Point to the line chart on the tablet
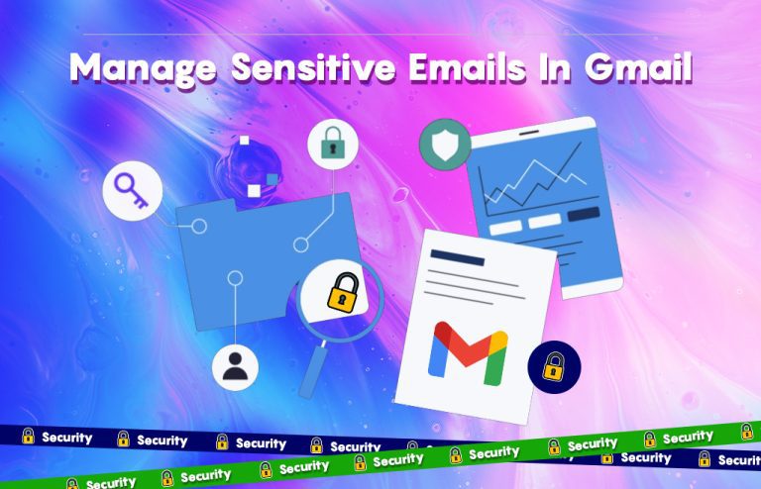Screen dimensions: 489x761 point(531,178)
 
